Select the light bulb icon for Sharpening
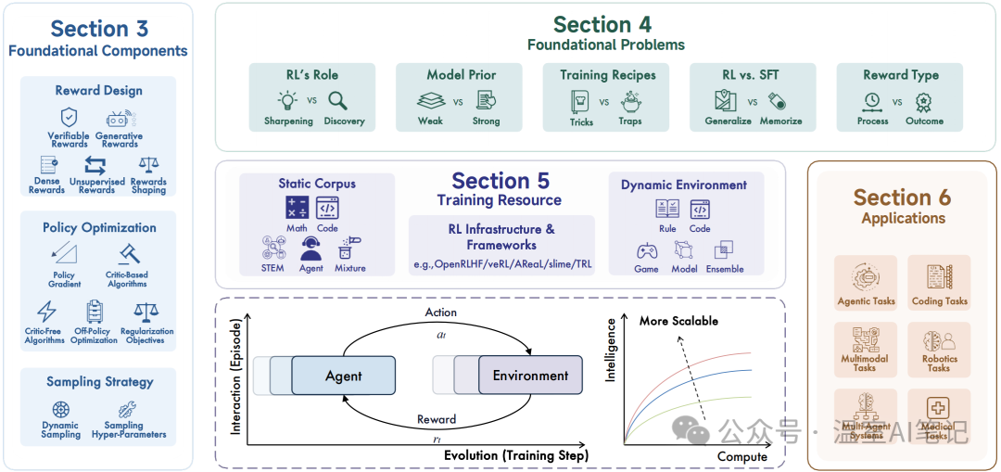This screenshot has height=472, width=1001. [287, 101]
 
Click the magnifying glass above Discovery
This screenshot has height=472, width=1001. [339, 101]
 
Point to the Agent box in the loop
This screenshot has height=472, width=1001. [343, 376]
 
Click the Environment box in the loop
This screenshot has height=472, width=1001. [530, 376]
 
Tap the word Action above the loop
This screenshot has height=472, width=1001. [440, 313]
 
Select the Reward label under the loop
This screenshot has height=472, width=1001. [437, 420]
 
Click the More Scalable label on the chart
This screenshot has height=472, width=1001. [678, 321]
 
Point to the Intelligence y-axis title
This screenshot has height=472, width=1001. [611, 351]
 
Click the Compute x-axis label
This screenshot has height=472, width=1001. [741, 456]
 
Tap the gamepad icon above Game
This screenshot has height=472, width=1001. [646, 250]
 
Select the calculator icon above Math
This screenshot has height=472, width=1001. [297, 209]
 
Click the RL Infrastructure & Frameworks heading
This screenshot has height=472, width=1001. [501, 237]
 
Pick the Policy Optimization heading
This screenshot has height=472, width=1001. [99, 227]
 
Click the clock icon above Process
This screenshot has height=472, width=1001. [872, 101]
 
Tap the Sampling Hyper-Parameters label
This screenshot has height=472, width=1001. [129, 429]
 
